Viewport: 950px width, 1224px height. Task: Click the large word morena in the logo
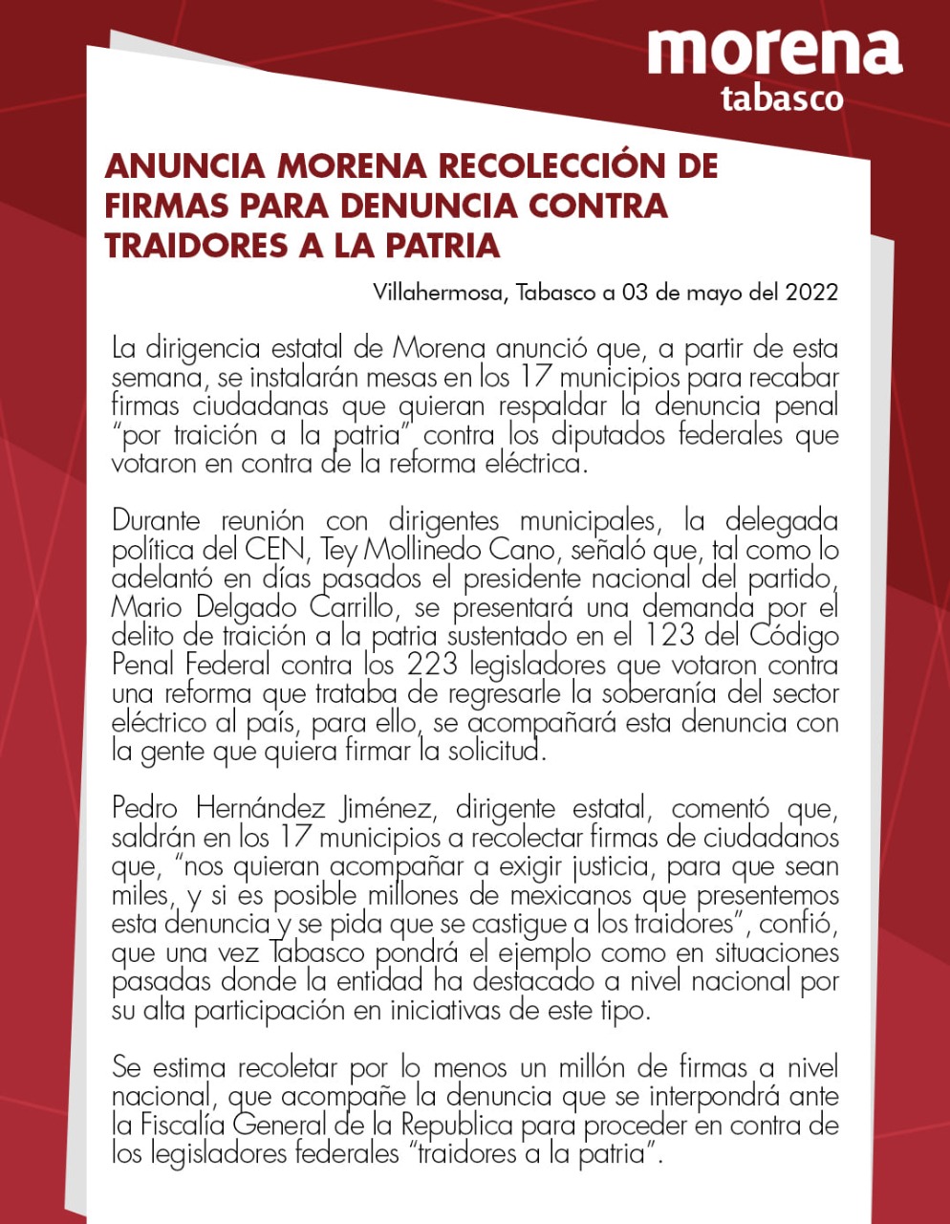(x=774, y=52)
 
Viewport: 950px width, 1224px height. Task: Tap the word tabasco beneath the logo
(x=782, y=98)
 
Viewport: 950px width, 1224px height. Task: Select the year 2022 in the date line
(x=811, y=292)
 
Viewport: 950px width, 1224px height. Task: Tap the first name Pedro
(x=144, y=809)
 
